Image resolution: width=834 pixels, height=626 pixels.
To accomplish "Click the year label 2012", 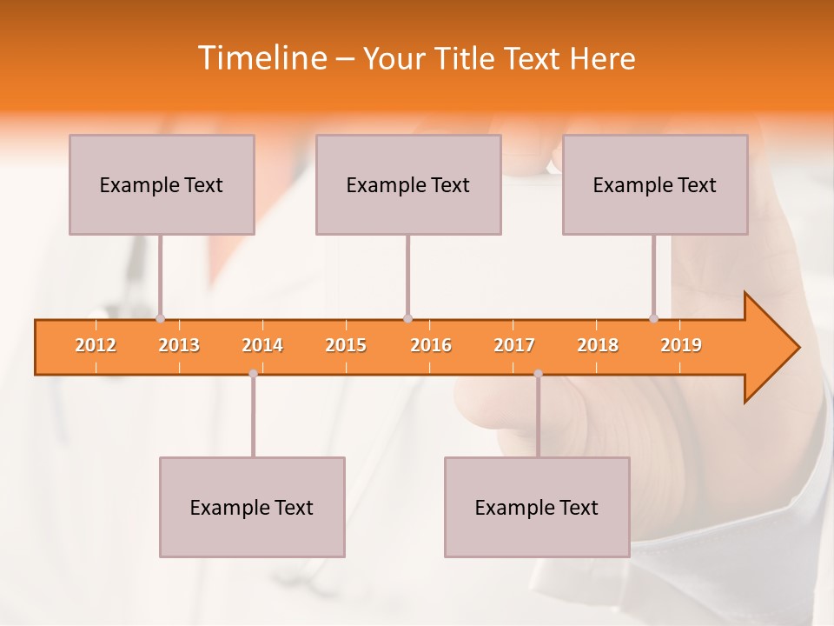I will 96,345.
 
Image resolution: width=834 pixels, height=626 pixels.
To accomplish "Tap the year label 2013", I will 179,345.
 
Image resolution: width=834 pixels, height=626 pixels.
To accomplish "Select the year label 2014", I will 262,345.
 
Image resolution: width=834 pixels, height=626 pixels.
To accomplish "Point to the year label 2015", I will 346,345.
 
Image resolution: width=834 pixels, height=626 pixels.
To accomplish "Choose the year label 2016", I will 431,345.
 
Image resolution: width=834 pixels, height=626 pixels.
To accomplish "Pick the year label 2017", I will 514,345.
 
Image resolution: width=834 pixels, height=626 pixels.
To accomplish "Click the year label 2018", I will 598,345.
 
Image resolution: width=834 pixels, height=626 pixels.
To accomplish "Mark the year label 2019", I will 681,345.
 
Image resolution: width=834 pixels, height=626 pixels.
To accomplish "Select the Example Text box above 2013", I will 162,185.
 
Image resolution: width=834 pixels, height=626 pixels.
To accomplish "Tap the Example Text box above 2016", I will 408,185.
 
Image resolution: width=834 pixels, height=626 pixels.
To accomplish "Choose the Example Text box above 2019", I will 655,185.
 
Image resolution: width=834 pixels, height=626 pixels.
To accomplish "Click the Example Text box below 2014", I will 252,508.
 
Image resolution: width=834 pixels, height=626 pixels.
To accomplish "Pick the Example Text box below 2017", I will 537,508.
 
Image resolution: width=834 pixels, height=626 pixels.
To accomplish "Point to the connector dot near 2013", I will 160,318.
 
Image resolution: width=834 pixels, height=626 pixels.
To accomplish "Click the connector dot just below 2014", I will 253,373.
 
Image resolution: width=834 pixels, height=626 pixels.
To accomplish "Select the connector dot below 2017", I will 538,373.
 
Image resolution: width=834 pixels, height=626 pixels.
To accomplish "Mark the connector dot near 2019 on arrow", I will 653,318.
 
